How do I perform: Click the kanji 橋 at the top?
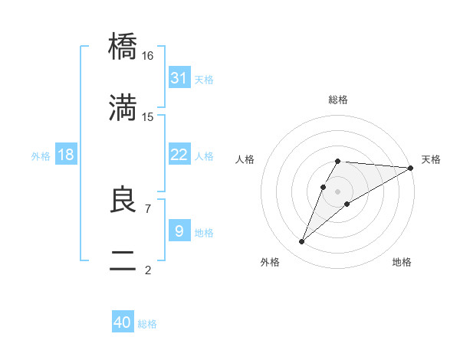point(123,48)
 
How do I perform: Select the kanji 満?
point(123,110)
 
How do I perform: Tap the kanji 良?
point(123,200)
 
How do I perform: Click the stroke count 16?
point(148,56)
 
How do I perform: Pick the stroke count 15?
point(148,117)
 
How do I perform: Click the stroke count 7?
point(147,208)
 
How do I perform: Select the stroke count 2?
point(147,270)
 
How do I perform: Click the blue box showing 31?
point(179,78)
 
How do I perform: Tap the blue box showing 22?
point(179,155)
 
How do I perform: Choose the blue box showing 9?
point(179,231)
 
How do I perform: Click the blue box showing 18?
point(66,155)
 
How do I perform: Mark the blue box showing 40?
point(122,322)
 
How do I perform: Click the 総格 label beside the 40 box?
point(147,324)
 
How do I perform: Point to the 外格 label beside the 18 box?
point(41,156)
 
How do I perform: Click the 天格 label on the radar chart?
point(431,159)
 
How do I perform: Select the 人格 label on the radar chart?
point(245,159)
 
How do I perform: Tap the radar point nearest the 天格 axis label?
point(411,168)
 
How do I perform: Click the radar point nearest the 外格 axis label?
point(301,242)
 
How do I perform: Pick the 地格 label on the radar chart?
point(402,262)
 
